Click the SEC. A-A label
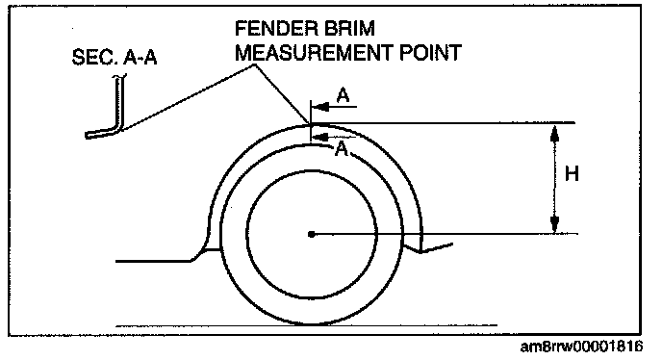115,57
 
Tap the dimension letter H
572,174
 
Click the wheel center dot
312,234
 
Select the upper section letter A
344,96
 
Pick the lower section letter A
341,148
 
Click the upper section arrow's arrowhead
320,107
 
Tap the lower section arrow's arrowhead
320,136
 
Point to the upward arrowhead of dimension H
555,132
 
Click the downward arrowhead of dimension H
555,224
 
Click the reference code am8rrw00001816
582,347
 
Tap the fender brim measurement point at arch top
310,123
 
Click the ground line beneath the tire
306,325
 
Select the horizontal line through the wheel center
445,234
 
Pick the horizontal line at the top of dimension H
443,123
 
